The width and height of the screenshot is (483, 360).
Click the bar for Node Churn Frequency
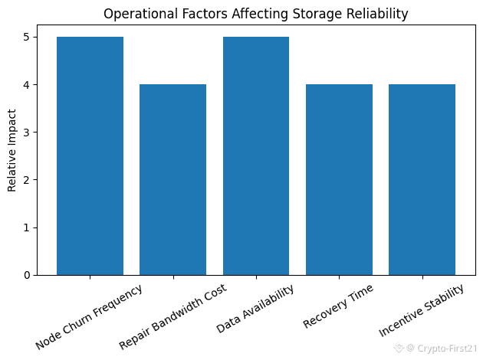click(x=90, y=155)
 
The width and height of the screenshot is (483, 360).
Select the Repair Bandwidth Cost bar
click(x=172, y=179)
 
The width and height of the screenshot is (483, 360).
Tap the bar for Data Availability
click(x=256, y=155)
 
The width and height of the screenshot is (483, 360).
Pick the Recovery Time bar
click(x=339, y=179)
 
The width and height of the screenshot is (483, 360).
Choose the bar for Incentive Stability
click(x=422, y=179)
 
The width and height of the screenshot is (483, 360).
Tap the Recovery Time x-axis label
click(x=339, y=306)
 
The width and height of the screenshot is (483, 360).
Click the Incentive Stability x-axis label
click(x=422, y=310)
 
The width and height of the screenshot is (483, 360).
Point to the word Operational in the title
click(x=135, y=14)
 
